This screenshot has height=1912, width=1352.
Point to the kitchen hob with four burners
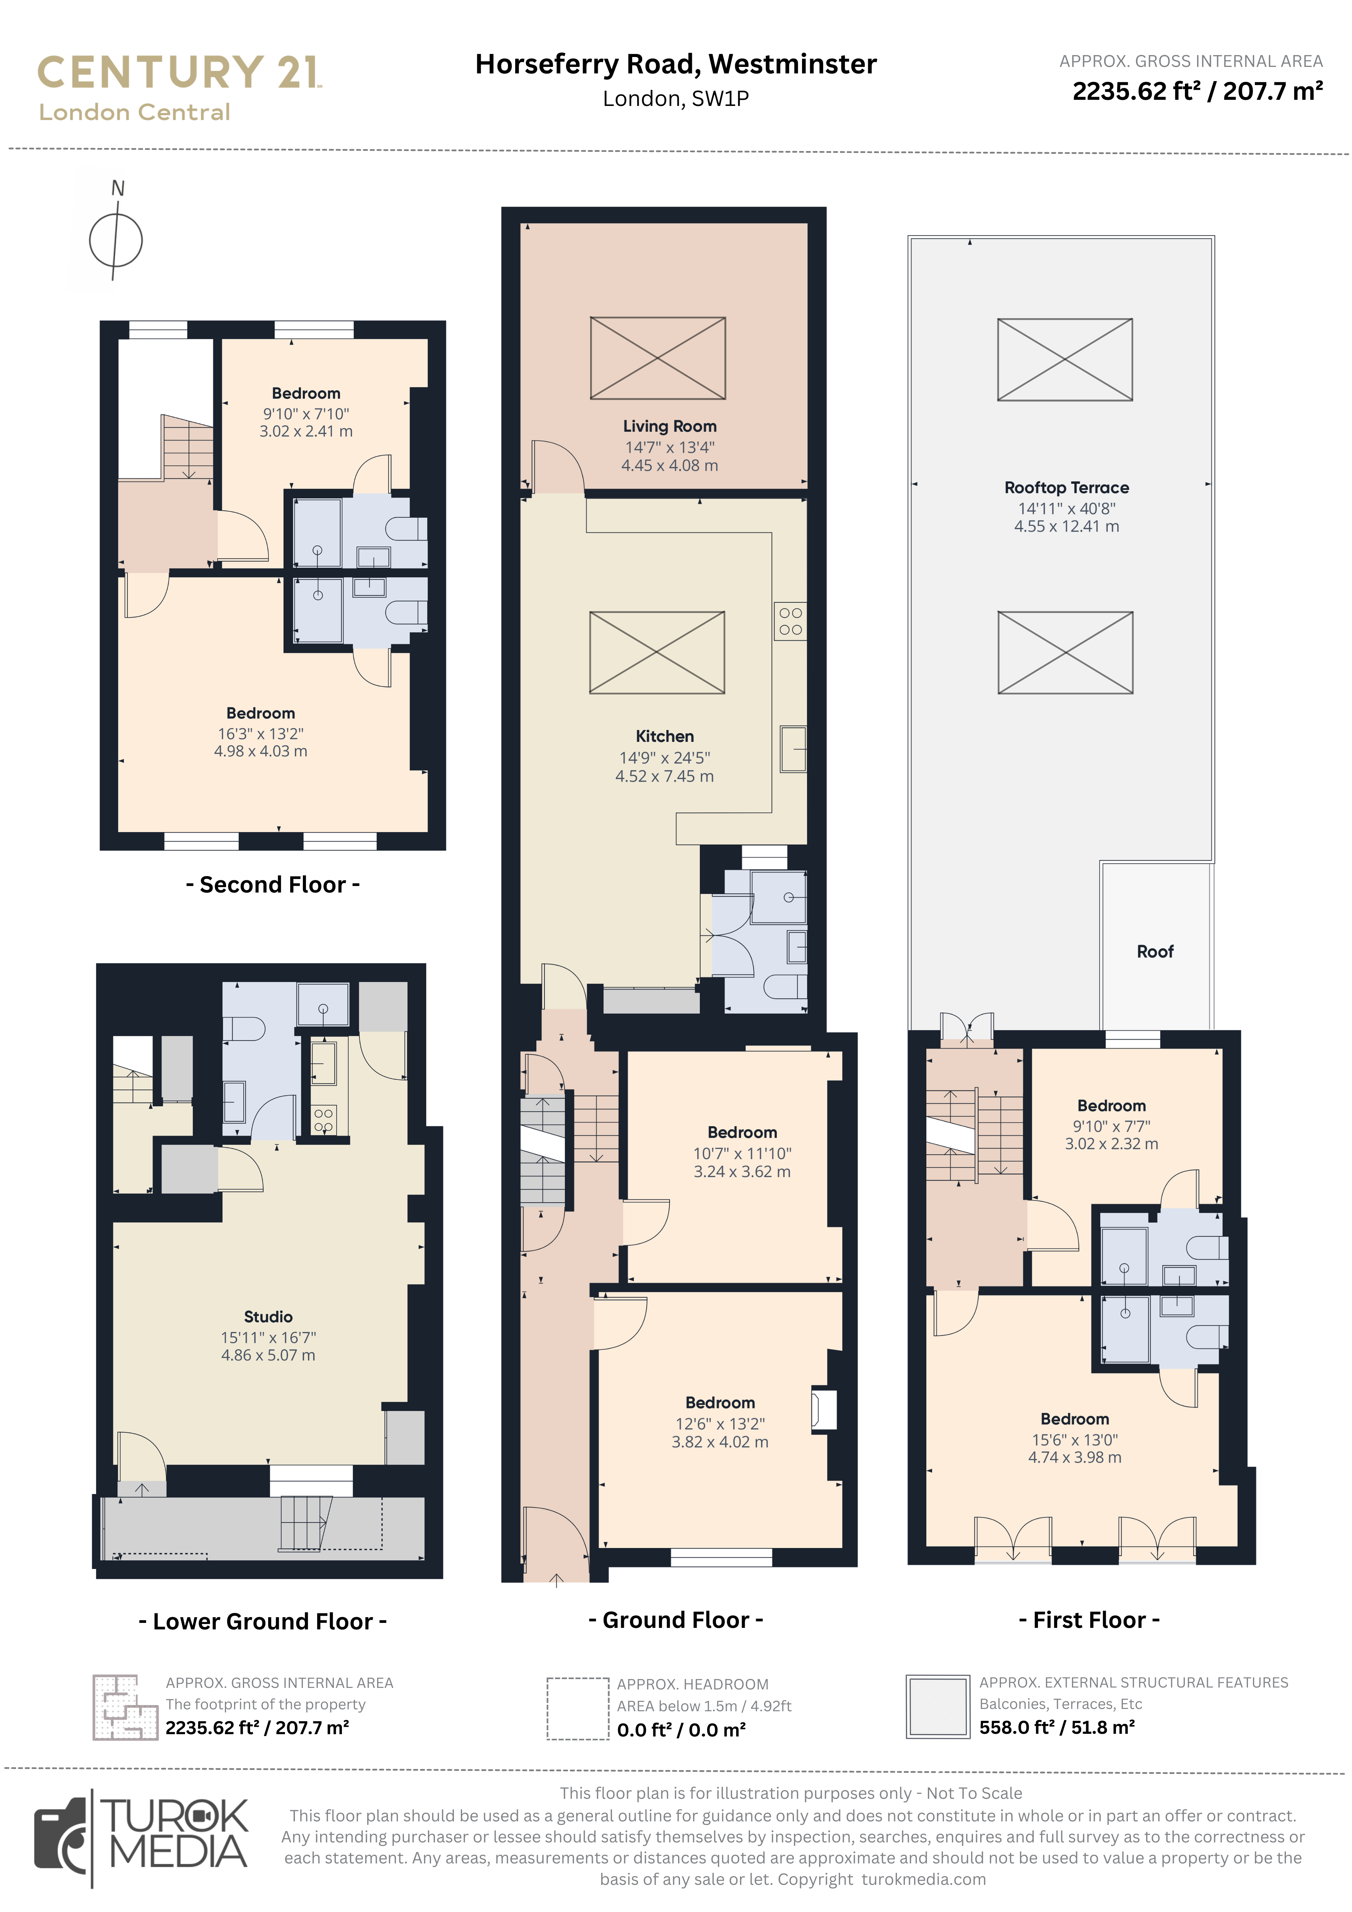click(x=790, y=621)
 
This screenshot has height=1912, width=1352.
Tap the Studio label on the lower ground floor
click(x=268, y=1317)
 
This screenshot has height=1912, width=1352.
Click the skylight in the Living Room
click(x=657, y=358)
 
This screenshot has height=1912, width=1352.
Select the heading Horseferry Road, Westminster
click(x=675, y=64)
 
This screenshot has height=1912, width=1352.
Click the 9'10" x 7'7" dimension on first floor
click(x=1111, y=1126)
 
